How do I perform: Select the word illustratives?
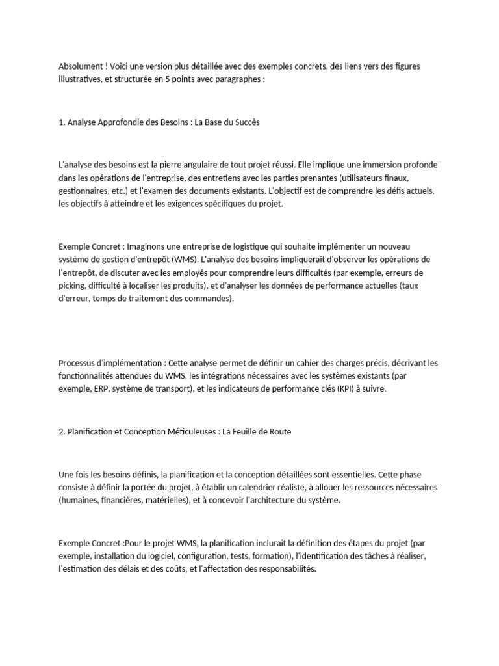coord(81,79)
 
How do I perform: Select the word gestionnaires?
coord(83,190)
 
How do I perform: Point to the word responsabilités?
coord(285,568)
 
